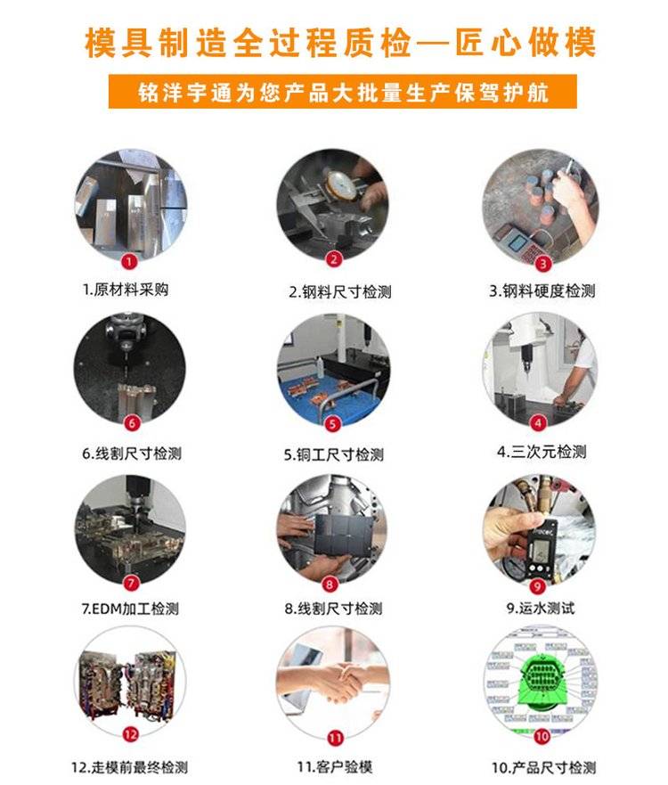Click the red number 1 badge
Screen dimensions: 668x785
tap(129, 261)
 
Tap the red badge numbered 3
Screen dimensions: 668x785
tap(543, 264)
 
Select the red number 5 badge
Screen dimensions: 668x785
tap(333, 424)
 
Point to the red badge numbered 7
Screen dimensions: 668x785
tap(131, 584)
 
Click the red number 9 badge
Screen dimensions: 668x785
tap(537, 586)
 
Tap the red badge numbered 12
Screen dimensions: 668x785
tap(130, 734)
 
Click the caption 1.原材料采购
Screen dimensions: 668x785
tap(126, 290)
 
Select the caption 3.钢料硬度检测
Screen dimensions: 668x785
tap(542, 290)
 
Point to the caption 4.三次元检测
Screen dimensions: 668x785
tap(542, 452)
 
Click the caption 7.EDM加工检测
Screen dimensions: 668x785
tap(130, 609)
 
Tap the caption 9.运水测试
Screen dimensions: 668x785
tap(541, 609)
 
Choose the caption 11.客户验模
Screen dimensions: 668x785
tap(335, 767)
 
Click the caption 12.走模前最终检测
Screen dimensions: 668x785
tap(129, 767)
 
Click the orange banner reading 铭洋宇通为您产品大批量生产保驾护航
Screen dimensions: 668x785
tap(343, 92)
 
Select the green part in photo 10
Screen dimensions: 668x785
tap(542, 678)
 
